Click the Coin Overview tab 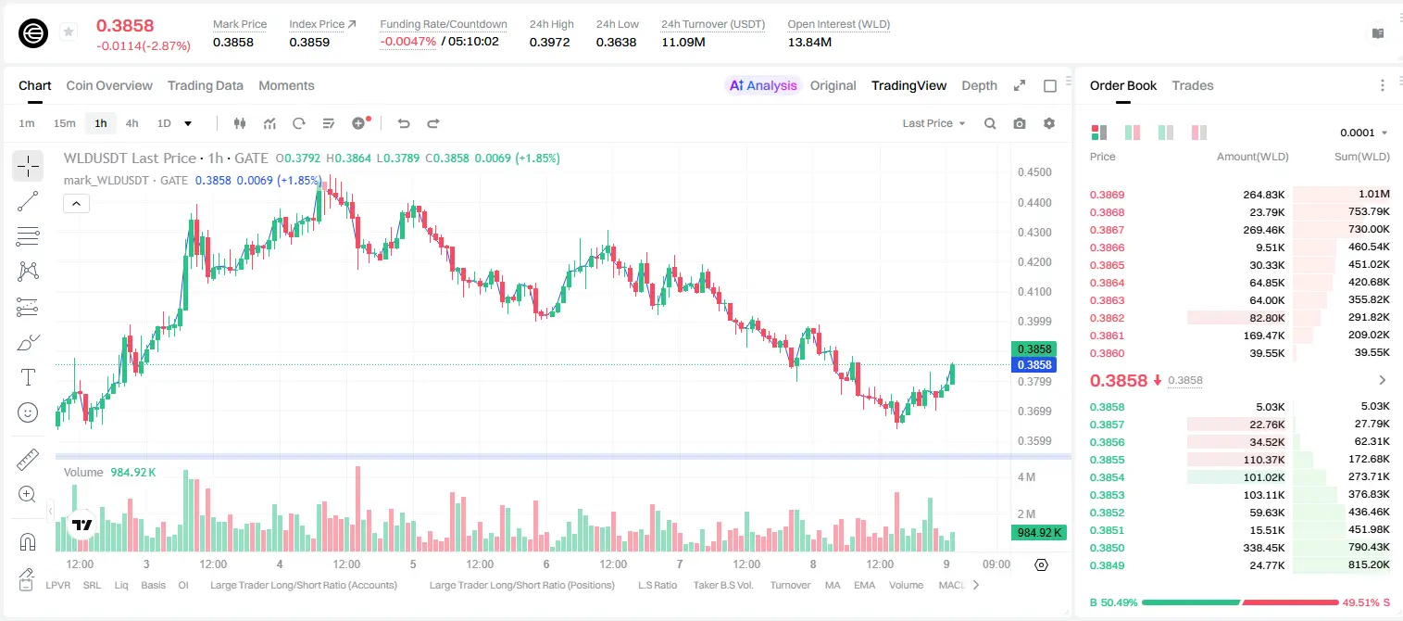click(x=109, y=85)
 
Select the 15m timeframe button click(x=64, y=123)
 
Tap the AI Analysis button click(x=763, y=85)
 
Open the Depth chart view click(x=979, y=85)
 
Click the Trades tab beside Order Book click(x=1193, y=85)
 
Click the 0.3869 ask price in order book click(x=1107, y=195)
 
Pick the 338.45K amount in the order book click(x=1264, y=548)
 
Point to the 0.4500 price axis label click(x=1034, y=172)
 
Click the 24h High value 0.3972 click(x=549, y=42)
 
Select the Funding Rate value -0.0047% click(x=407, y=42)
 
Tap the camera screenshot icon click(x=1020, y=123)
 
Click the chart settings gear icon click(x=1049, y=123)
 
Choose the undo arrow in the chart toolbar click(x=404, y=123)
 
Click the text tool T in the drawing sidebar click(x=28, y=378)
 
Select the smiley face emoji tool click(x=28, y=412)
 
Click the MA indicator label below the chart click(x=833, y=585)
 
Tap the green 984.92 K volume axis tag click(x=1039, y=533)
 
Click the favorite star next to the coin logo click(x=69, y=32)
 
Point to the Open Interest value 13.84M click(x=809, y=42)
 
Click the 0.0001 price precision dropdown click(x=1363, y=133)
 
